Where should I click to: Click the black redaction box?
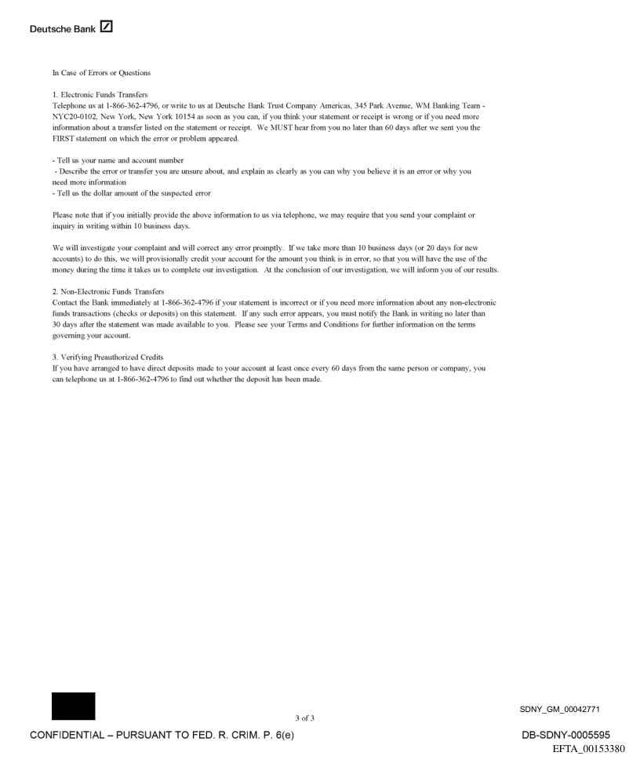[73, 706]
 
